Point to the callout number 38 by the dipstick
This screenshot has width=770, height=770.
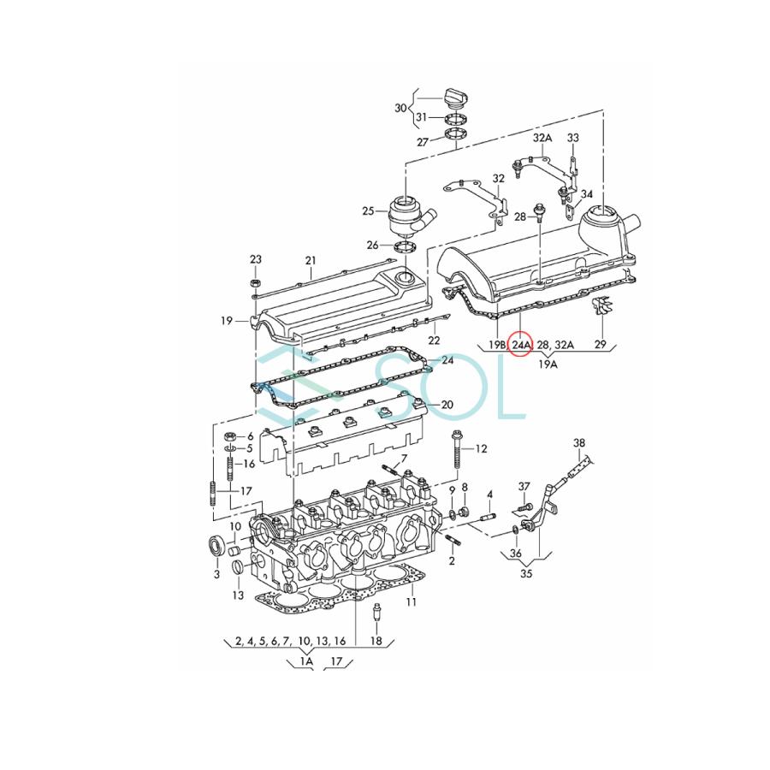580,442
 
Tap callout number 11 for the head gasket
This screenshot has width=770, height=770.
412,602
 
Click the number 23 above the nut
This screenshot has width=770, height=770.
255,259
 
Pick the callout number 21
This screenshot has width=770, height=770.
311,260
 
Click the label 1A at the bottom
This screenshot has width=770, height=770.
305,661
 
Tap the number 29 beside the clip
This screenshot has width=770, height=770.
600,344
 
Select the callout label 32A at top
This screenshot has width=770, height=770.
542,137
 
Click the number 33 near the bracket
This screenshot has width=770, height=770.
572,137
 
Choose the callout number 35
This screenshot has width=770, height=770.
526,574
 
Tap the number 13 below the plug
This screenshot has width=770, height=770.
237,595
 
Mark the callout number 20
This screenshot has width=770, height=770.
447,405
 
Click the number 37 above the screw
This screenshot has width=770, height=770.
524,486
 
